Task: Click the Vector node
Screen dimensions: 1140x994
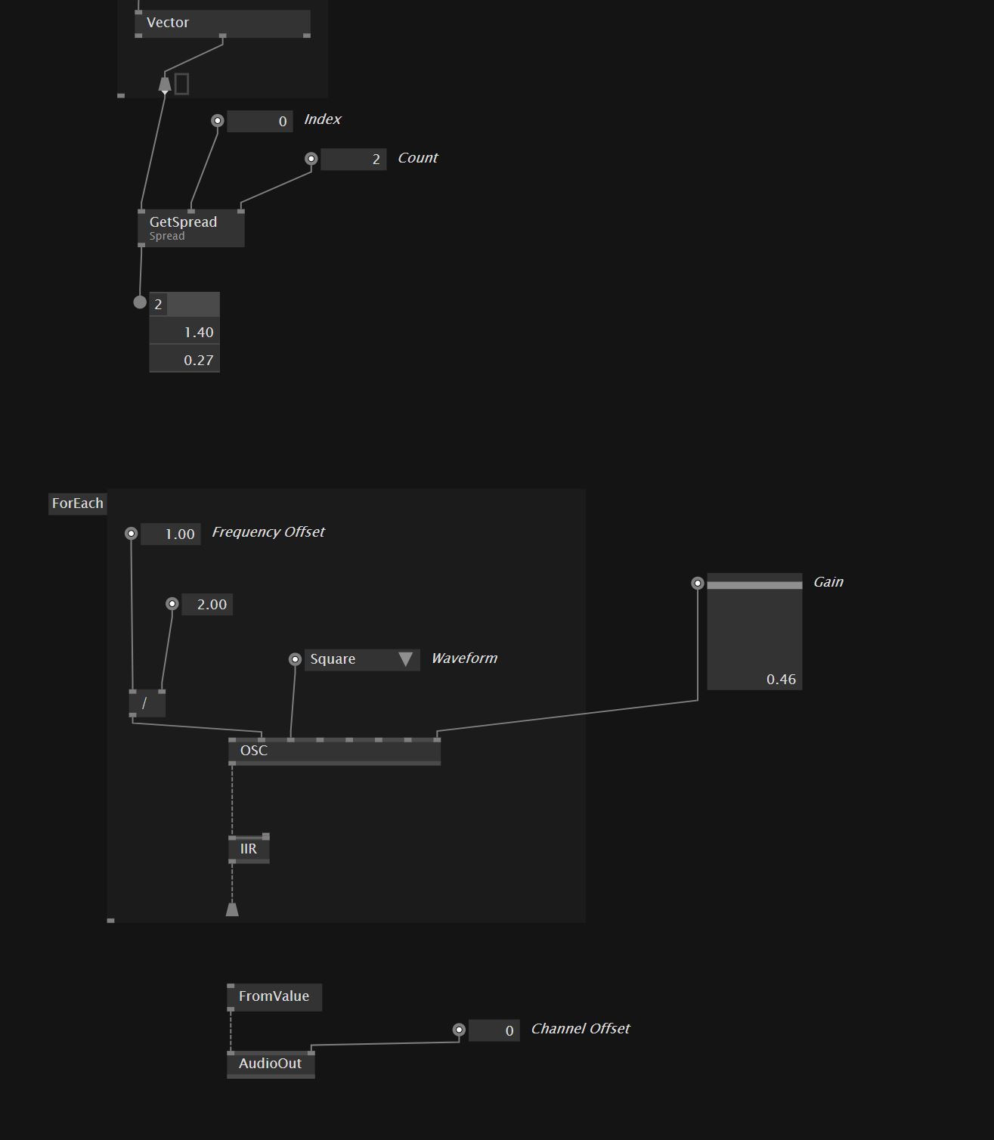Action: coord(221,23)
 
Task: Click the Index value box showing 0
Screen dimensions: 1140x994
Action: coord(260,121)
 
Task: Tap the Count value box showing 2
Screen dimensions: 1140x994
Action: coord(353,160)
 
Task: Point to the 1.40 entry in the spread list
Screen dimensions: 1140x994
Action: coord(184,333)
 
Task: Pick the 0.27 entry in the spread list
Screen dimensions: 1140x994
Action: coord(184,361)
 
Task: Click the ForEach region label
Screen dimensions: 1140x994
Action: coord(77,503)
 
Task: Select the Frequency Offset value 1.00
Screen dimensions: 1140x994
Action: coord(171,534)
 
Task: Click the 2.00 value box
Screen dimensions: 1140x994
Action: coord(207,605)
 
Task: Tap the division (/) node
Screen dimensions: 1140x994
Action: coord(147,703)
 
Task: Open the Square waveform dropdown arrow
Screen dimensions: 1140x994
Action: coord(405,659)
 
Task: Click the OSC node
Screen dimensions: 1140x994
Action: coord(334,751)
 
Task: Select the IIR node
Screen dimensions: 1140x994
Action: coord(249,849)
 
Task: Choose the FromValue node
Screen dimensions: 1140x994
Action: coord(274,996)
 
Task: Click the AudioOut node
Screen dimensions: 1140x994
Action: coord(271,1064)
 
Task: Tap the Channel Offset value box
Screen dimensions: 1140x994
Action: coord(494,1030)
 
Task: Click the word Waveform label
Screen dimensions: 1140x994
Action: coord(464,658)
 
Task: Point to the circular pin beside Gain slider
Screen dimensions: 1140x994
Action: coord(698,583)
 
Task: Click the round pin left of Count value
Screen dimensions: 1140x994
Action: coord(311,159)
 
